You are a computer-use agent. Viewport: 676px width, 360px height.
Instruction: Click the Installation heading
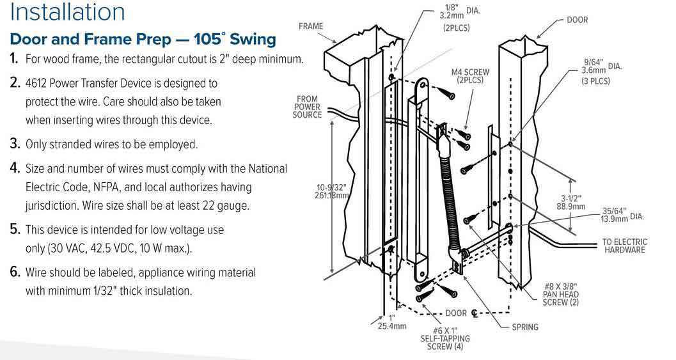point(68,12)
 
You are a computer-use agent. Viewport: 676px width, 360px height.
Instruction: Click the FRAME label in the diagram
point(311,26)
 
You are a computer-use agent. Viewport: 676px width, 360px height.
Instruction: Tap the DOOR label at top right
point(577,20)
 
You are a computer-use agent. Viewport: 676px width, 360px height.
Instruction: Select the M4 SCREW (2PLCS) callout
point(470,77)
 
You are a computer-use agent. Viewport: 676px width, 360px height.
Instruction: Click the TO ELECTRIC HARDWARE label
point(624,246)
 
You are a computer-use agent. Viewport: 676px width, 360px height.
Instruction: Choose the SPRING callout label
point(525,327)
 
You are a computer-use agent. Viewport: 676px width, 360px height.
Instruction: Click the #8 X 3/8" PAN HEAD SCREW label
point(560,294)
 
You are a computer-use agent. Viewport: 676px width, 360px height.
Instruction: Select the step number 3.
point(14,144)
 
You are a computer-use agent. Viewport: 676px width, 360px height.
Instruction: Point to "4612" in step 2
point(37,83)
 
